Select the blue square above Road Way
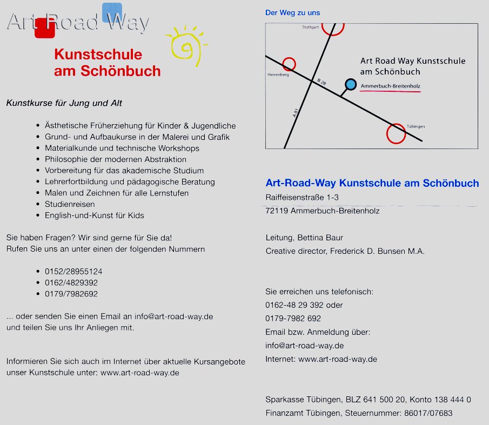pyautogui.click(x=112, y=12)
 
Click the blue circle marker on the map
pyautogui.click(x=351, y=84)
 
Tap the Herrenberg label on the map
pyautogui.click(x=278, y=75)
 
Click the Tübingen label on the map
pyautogui.click(x=416, y=126)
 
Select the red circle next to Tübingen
pyautogui.click(x=396, y=133)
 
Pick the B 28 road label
pyautogui.click(x=321, y=82)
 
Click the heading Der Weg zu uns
pyautogui.click(x=292, y=12)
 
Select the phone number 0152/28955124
pyautogui.click(x=73, y=271)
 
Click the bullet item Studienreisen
pyautogui.click(x=70, y=204)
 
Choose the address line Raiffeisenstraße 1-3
pyautogui.click(x=302, y=197)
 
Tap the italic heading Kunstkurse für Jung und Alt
pyautogui.click(x=67, y=103)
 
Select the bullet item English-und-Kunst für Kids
pyautogui.click(x=94, y=215)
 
